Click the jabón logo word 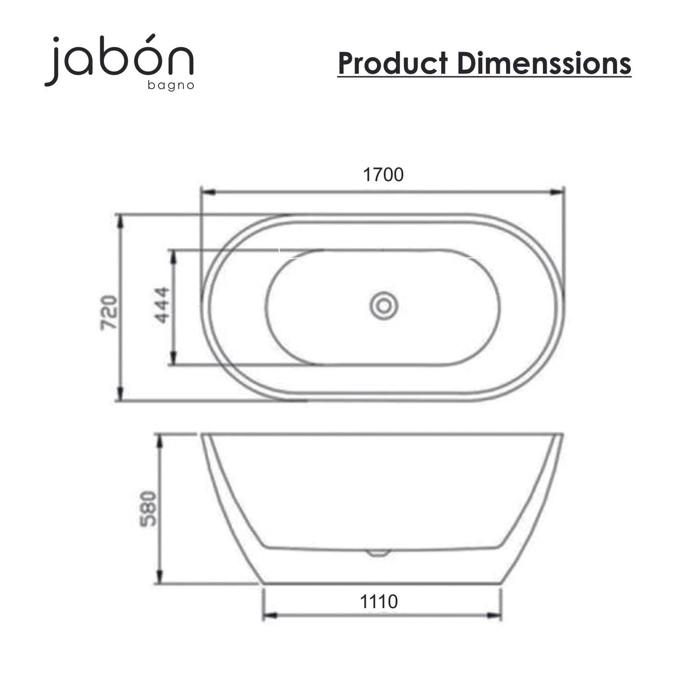coord(119,60)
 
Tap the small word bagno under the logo coord(171,86)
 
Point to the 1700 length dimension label coord(383,174)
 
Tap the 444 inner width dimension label coord(162,305)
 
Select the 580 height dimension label coord(148,509)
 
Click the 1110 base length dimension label coord(379,602)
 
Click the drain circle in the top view coord(384,306)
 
